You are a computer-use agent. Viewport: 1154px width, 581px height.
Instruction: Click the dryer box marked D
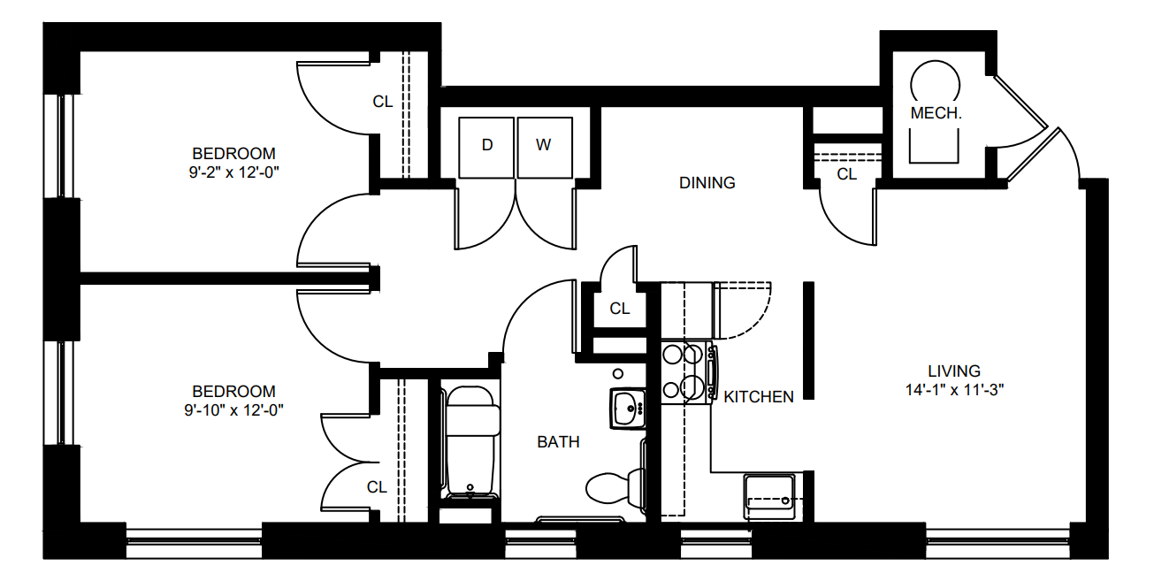pyautogui.click(x=486, y=148)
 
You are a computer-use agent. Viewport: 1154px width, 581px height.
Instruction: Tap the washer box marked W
pyautogui.click(x=545, y=148)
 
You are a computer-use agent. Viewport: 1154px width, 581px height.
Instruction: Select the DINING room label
pyautogui.click(x=707, y=183)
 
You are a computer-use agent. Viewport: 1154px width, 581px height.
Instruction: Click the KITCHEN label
pyautogui.click(x=759, y=397)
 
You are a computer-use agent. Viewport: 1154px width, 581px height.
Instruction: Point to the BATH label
pyautogui.click(x=558, y=442)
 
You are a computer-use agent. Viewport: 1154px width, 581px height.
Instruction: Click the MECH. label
pyautogui.click(x=936, y=113)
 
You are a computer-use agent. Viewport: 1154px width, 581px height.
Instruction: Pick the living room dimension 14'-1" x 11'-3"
pyautogui.click(x=955, y=390)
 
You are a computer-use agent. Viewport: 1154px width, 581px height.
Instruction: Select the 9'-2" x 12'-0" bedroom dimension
pyautogui.click(x=233, y=172)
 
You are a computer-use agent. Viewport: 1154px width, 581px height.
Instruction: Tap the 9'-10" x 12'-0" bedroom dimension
pyautogui.click(x=233, y=410)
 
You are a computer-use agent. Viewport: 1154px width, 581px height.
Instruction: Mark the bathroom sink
pyautogui.click(x=628, y=409)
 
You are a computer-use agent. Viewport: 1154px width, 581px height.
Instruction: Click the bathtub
pyautogui.click(x=472, y=443)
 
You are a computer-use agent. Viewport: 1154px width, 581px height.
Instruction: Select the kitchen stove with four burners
pyautogui.click(x=688, y=372)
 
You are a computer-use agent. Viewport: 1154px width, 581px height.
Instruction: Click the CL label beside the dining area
pyautogui.click(x=846, y=174)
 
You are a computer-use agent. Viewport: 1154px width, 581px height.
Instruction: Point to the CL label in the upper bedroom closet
pyautogui.click(x=382, y=102)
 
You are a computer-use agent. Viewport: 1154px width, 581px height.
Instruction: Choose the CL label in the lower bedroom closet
pyautogui.click(x=377, y=487)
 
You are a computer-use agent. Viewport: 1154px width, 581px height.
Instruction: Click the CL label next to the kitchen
pyautogui.click(x=619, y=309)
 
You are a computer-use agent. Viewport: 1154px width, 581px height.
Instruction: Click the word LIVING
pyautogui.click(x=954, y=371)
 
